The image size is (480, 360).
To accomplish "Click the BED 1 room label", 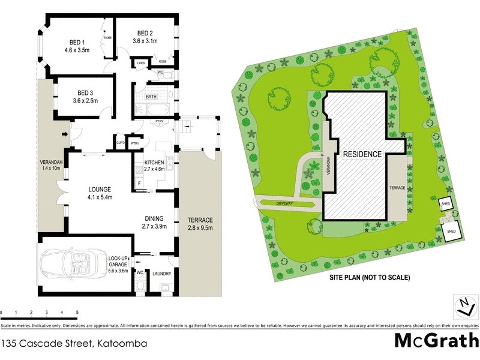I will (75, 42).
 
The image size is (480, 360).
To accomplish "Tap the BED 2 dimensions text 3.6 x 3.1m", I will (145, 41).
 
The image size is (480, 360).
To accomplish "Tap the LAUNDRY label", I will (161, 274).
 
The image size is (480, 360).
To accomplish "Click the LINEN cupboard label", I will (142, 62).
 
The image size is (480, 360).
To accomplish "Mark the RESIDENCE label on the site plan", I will (362, 154).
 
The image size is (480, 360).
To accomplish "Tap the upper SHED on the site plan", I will (446, 203).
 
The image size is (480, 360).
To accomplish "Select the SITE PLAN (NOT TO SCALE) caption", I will (368, 278).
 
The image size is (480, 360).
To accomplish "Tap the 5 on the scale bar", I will (77, 313).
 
